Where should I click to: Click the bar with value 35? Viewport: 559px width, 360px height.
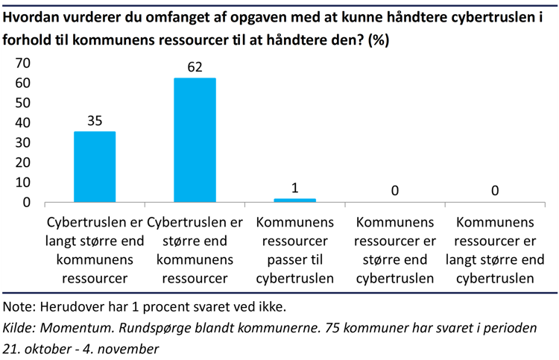pyautogui.click(x=95, y=167)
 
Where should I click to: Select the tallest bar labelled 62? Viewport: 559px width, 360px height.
pyautogui.click(x=195, y=140)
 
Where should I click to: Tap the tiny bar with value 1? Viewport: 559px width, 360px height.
pyautogui.click(x=294, y=200)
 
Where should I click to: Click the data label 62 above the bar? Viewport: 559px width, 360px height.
pyautogui.click(x=195, y=67)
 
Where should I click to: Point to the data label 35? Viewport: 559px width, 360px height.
pyautogui.click(x=95, y=120)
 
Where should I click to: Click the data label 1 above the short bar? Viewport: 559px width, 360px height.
pyautogui.click(x=294, y=188)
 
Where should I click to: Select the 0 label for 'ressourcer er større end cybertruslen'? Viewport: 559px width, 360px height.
pyautogui.click(x=394, y=192)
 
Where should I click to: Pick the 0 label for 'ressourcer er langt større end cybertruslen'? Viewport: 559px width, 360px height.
pyautogui.click(x=494, y=192)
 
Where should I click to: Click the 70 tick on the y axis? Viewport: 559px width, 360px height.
pyautogui.click(x=24, y=63)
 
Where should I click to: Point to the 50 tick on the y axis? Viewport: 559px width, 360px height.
pyautogui.click(x=24, y=103)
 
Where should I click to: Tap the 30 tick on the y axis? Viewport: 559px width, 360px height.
pyautogui.click(x=24, y=142)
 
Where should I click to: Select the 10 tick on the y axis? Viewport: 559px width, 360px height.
pyautogui.click(x=24, y=183)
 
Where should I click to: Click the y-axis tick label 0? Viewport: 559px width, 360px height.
pyautogui.click(x=28, y=202)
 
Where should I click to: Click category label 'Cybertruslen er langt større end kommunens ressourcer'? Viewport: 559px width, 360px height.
pyautogui.click(x=95, y=250)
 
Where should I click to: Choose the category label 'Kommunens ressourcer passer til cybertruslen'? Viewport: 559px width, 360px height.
pyautogui.click(x=294, y=250)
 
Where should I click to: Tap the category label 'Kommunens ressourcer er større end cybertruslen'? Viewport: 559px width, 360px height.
pyautogui.click(x=394, y=250)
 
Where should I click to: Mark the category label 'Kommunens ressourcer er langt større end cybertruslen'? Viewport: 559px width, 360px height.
pyautogui.click(x=494, y=250)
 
